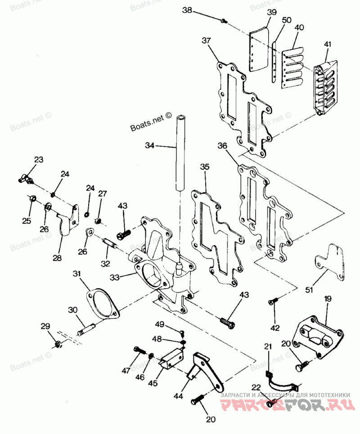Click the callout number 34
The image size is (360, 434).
tap(150, 145)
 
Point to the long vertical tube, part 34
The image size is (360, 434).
tap(181, 153)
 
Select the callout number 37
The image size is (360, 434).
tap(206, 41)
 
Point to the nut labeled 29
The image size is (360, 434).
tap(58, 344)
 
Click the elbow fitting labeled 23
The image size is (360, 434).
tap(27, 179)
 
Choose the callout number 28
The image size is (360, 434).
tap(57, 258)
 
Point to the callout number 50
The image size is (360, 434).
tap(286, 21)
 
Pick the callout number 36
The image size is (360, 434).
tap(222, 146)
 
